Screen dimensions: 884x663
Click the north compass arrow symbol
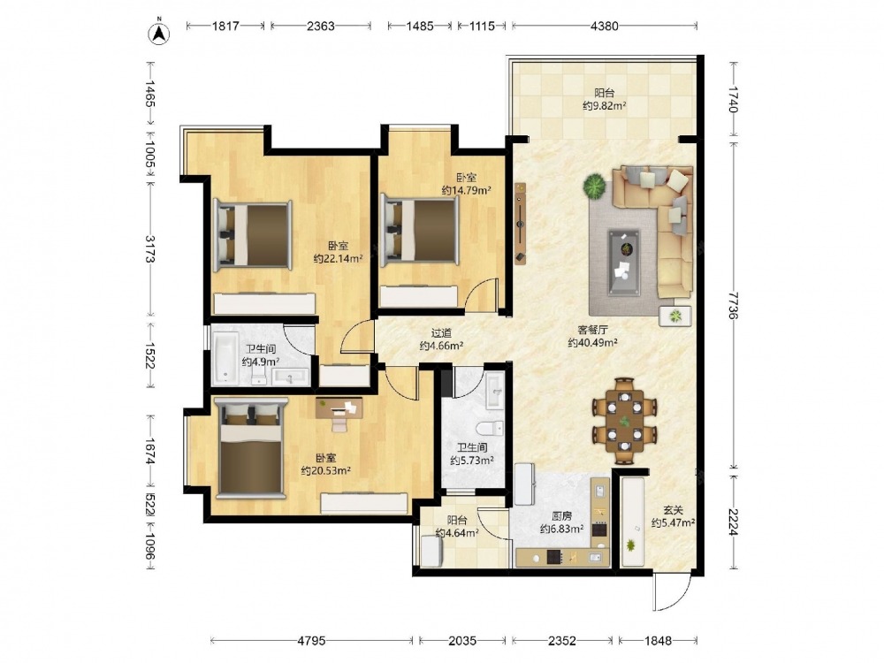click(159, 33)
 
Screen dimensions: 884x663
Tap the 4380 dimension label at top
click(605, 26)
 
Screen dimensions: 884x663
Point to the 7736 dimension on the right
click(734, 305)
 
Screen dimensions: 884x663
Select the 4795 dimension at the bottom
click(312, 640)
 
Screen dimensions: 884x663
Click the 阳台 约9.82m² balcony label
click(605, 99)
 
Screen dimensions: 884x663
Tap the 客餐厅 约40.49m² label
click(592, 336)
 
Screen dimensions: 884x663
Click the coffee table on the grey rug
click(623, 262)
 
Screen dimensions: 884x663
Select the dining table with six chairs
click(624, 421)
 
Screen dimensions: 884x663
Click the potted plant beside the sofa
click(594, 186)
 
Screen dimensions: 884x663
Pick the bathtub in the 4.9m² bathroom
click(225, 356)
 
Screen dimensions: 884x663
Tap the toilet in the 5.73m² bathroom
click(490, 428)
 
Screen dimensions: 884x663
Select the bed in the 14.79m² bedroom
click(418, 230)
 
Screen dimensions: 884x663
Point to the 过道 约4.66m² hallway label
click(441, 339)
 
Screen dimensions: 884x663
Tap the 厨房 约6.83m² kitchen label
click(561, 522)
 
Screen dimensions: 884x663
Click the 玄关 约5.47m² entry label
click(673, 516)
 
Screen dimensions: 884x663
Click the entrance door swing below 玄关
click(672, 593)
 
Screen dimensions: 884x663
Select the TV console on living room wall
click(520, 224)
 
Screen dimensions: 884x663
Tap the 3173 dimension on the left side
click(150, 248)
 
